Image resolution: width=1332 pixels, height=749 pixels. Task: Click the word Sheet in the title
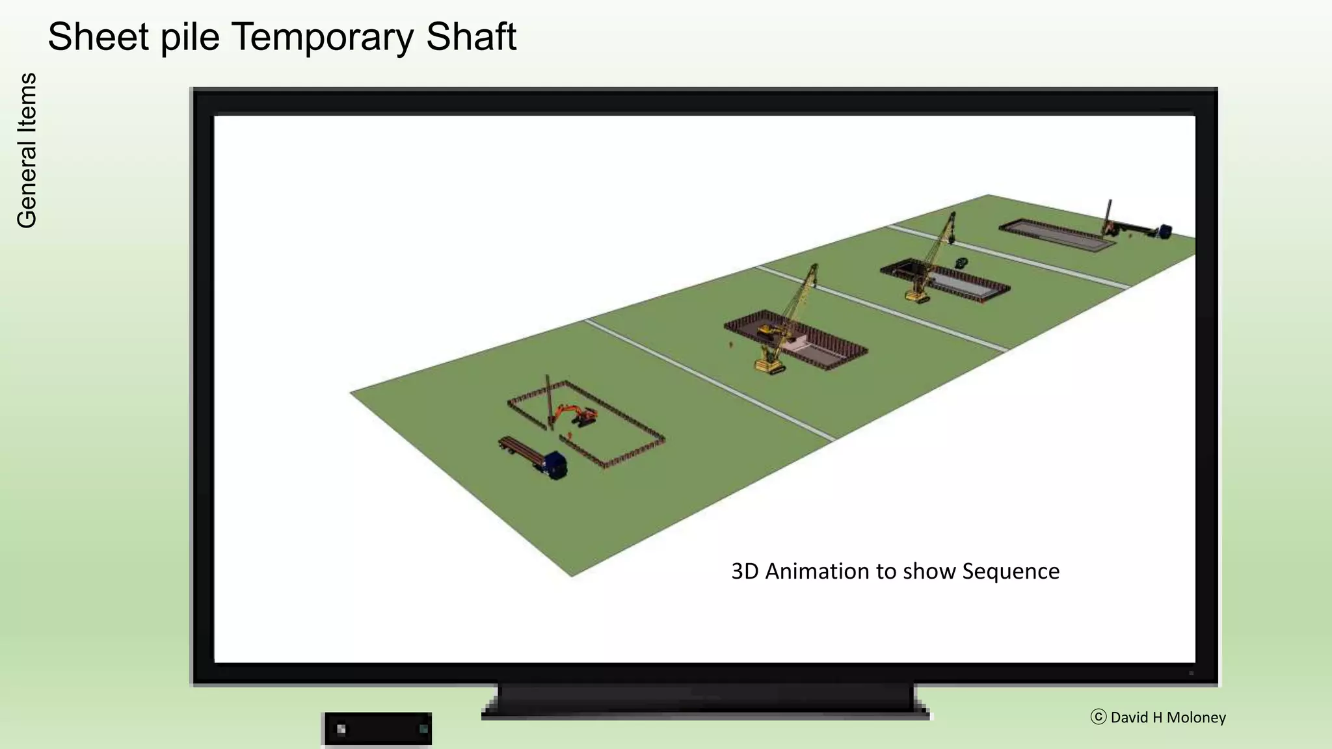point(98,36)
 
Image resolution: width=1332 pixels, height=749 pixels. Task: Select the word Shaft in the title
point(471,36)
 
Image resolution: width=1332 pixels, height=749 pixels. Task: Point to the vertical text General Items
point(27,150)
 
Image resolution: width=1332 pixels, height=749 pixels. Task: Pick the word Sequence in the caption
point(1011,572)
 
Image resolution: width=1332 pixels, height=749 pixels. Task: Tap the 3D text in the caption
point(745,571)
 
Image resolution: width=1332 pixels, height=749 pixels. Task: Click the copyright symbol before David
point(1098,716)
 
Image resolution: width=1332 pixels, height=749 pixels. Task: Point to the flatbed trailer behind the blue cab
point(520,450)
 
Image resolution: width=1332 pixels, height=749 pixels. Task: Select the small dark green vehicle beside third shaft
point(961,263)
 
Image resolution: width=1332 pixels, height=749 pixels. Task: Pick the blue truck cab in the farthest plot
point(1164,231)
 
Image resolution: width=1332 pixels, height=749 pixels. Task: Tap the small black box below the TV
point(377,729)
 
